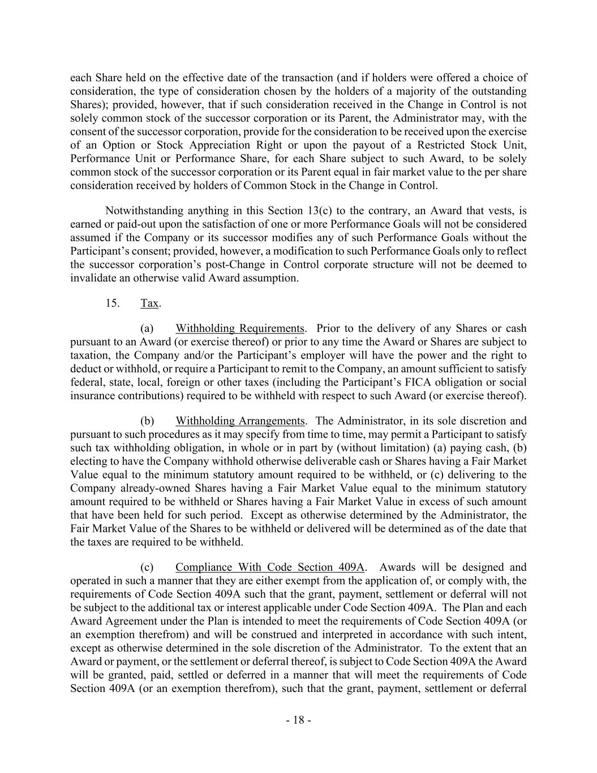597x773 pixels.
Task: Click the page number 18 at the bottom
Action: pyautogui.click(x=298, y=720)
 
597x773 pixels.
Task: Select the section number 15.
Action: pyautogui.click(x=112, y=303)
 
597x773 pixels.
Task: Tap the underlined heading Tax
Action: pyautogui.click(x=149, y=303)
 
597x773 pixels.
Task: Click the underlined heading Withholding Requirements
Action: pyautogui.click(x=240, y=328)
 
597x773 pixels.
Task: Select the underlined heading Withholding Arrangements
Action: pyautogui.click(x=240, y=421)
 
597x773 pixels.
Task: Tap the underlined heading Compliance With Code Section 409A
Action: pyautogui.click(x=270, y=567)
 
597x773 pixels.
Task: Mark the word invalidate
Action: pyautogui.click(x=93, y=278)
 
